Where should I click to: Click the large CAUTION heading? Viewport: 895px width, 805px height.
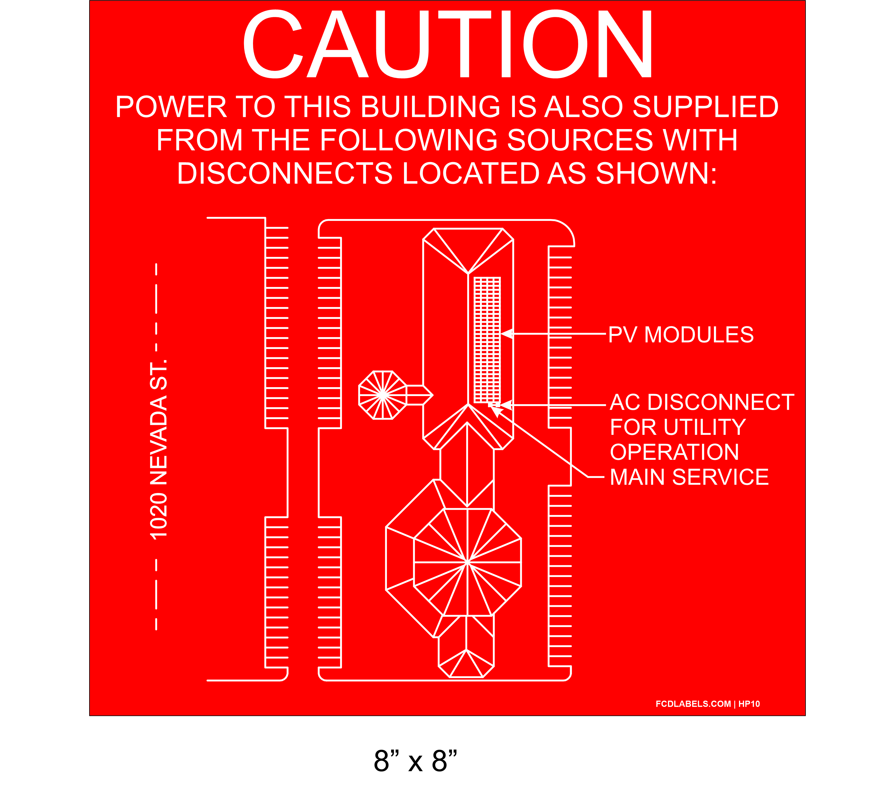tap(447, 44)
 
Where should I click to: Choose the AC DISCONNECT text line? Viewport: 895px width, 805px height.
tap(702, 402)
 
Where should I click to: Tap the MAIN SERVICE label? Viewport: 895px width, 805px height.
tap(689, 477)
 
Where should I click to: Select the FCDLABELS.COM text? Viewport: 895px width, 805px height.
tap(693, 704)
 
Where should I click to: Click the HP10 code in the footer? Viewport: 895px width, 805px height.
tap(749, 704)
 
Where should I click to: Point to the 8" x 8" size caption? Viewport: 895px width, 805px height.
tap(415, 760)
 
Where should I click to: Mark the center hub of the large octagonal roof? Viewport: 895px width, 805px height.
tap(467, 563)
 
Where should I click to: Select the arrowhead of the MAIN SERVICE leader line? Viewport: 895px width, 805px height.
tap(497, 411)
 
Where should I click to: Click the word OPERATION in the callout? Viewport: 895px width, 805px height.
tap(674, 452)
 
